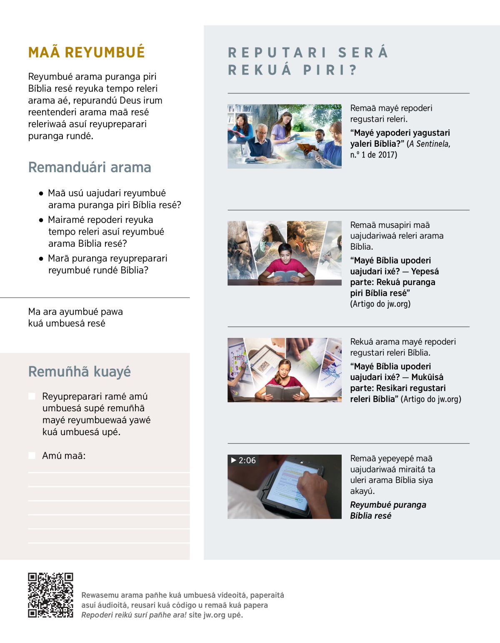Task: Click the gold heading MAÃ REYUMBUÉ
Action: coord(86,52)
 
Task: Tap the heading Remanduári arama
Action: coord(90,168)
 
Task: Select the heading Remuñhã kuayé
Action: coord(79,371)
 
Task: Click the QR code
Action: coord(50,595)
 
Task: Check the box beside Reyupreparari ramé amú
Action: coord(32,396)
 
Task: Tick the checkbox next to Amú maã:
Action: coord(32,455)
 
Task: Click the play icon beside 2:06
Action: coord(234,460)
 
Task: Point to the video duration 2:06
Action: coord(247,460)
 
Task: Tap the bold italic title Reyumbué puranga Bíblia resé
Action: coord(387,510)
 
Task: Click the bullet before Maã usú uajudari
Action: coord(41,193)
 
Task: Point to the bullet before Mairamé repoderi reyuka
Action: coord(41,220)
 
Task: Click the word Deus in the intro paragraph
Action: coord(130,100)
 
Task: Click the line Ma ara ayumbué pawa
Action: coord(75,312)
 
